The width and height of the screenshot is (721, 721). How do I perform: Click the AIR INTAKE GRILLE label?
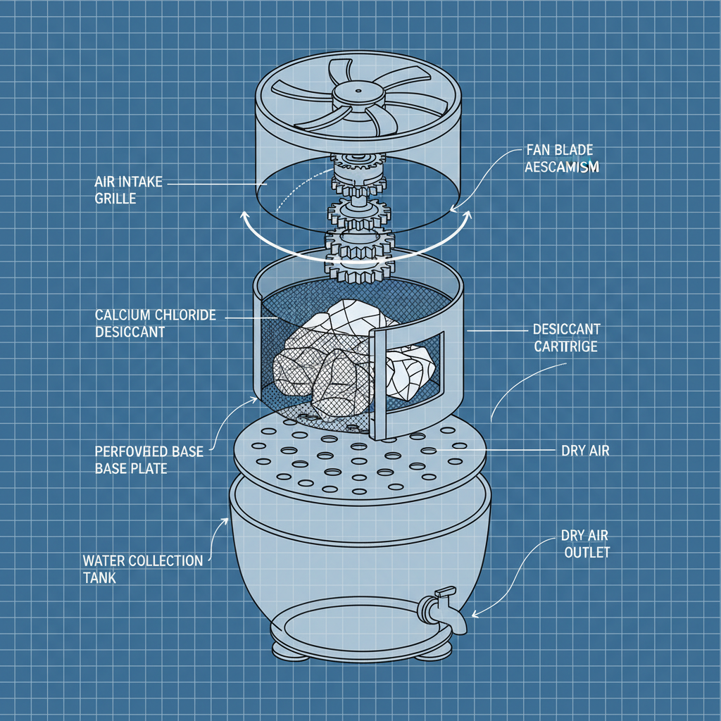(x=128, y=190)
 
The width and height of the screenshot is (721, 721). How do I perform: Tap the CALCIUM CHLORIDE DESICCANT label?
(x=156, y=323)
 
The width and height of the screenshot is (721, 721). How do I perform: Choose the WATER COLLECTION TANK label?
(x=142, y=568)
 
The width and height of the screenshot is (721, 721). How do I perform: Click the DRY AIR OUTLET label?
(x=586, y=544)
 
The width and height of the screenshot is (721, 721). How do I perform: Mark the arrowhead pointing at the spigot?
(x=475, y=613)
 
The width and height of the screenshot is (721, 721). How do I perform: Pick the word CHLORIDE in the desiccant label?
(x=180, y=315)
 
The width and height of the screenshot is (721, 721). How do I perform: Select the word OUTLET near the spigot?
(x=587, y=553)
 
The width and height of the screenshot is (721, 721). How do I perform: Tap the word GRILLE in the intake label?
(x=115, y=199)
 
